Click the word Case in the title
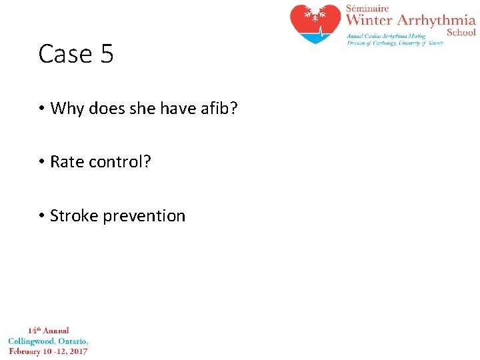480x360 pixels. [x=65, y=54]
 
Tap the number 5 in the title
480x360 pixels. [x=107, y=54]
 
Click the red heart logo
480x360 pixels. [x=315, y=23]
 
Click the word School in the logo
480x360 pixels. [x=461, y=32]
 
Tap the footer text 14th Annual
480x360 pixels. [x=48, y=330]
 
